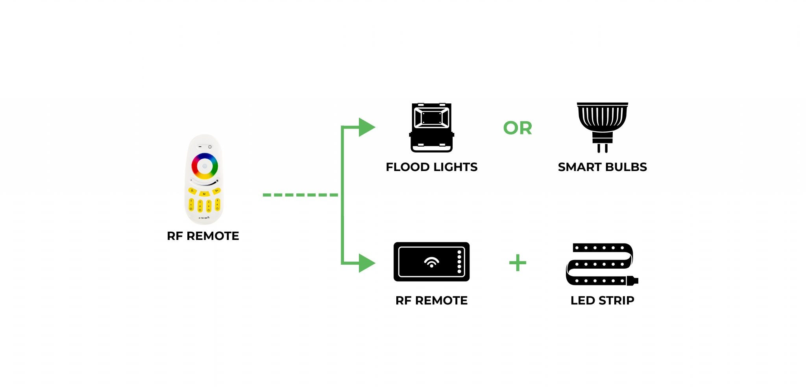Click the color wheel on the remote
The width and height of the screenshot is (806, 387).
[205, 166]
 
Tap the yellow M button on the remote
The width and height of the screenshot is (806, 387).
[204, 193]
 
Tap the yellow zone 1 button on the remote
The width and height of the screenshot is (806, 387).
[191, 205]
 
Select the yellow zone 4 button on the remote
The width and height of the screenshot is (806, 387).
[217, 205]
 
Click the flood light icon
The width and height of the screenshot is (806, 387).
[432, 128]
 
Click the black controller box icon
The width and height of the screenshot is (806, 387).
[432, 262]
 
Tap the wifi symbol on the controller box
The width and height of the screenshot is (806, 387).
[432, 262]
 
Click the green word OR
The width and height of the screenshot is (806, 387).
[518, 128]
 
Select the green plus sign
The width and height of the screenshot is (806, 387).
[518, 263]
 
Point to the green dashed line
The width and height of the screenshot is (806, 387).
[300, 195]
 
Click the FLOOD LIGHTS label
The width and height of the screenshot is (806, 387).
[432, 167]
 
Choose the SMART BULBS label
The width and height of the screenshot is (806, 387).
[603, 167]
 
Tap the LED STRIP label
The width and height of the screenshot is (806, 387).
[603, 300]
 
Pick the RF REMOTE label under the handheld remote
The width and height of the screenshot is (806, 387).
[203, 236]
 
